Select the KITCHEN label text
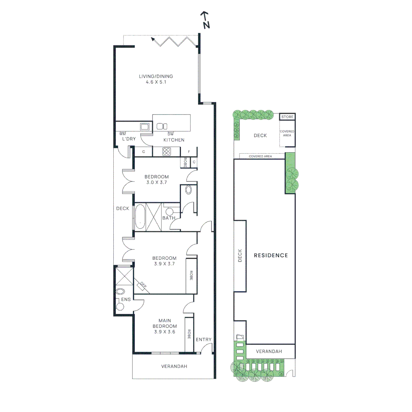pyautogui.click(x=174, y=140)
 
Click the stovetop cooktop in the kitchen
pyautogui.click(x=167, y=151)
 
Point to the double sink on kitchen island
pyautogui.click(x=163, y=126)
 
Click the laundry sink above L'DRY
pyautogui.click(x=145, y=127)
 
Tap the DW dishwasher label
pyautogui.click(x=171, y=134)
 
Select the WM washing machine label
pyautogui.click(x=122, y=134)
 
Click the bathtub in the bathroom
pyautogui.click(x=140, y=217)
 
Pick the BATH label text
pyautogui.click(x=169, y=218)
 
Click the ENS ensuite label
pyautogui.click(x=126, y=299)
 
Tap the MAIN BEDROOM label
pyautogui.click(x=165, y=323)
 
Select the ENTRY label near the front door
pyautogui.click(x=203, y=340)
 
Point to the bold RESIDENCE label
pyautogui.click(x=271, y=255)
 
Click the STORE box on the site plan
pyautogui.click(x=288, y=117)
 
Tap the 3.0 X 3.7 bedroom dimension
pyautogui.click(x=156, y=183)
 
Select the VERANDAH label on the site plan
pyautogui.click(x=269, y=351)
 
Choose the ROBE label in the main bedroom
pyautogui.click(x=189, y=335)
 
